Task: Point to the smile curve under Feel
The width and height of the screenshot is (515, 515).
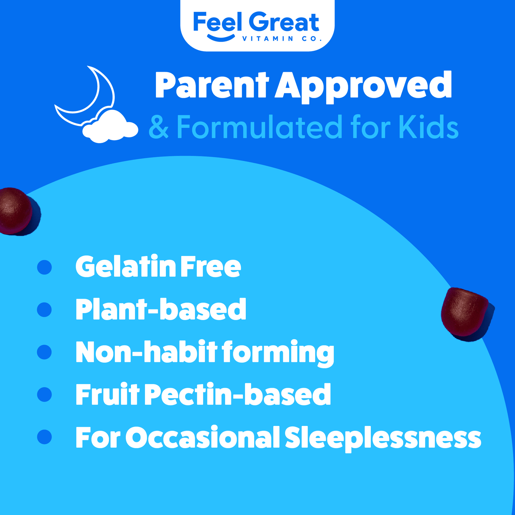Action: click(x=221, y=38)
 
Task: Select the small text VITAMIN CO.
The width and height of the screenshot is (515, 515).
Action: click(x=282, y=39)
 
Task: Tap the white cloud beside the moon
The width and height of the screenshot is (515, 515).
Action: click(x=110, y=126)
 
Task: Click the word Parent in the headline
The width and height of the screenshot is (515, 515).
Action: click(x=212, y=85)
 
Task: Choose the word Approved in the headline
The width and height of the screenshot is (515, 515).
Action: click(x=363, y=87)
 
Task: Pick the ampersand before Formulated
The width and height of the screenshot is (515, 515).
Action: click(x=159, y=127)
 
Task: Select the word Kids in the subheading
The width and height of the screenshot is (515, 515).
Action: click(x=429, y=127)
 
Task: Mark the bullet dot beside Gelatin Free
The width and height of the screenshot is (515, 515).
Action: click(x=45, y=267)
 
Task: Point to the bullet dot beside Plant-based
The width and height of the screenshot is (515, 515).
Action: click(x=45, y=310)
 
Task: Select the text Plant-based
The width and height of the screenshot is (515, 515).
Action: click(x=161, y=309)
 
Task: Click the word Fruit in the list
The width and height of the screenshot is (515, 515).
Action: click(x=107, y=394)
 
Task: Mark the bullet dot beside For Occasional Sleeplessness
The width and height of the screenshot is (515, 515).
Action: click(x=45, y=437)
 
